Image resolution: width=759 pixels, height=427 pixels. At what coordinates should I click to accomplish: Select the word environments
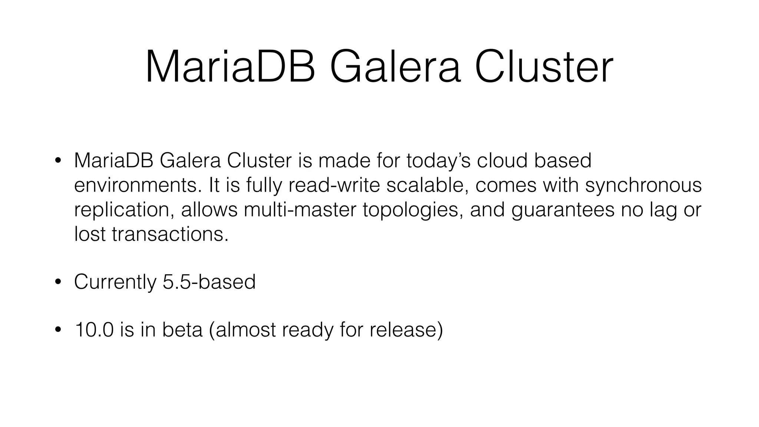point(138,185)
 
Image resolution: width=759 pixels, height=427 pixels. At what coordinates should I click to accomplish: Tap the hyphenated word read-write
point(334,185)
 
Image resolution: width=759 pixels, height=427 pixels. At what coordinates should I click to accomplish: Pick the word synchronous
point(643,185)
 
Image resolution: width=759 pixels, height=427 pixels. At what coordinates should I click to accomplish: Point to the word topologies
point(413,210)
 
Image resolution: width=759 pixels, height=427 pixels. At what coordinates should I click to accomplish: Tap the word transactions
point(170,234)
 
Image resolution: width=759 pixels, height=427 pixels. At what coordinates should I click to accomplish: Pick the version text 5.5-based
point(209,282)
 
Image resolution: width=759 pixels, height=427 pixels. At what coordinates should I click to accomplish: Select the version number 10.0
point(94,330)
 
